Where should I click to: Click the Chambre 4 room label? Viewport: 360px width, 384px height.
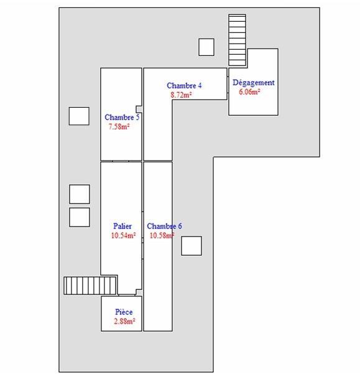[184, 85]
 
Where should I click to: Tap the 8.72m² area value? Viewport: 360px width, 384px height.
[181, 95]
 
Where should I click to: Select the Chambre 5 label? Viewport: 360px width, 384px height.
[122, 117]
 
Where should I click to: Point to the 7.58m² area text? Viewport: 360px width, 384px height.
[119, 126]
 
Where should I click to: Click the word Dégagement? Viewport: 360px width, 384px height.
[254, 83]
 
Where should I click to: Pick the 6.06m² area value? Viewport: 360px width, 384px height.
[249, 92]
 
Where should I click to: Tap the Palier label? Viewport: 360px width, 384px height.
[122, 226]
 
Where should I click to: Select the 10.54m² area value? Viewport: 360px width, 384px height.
[123, 235]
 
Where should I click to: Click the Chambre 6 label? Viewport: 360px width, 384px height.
[164, 226]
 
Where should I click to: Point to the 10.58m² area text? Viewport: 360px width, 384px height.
[162, 235]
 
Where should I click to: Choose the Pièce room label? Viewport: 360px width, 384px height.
[124, 312]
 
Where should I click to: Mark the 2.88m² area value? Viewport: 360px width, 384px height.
[124, 321]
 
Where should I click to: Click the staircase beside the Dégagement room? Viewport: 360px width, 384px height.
[237, 40]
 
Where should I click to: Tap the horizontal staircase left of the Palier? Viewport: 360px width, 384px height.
[90, 286]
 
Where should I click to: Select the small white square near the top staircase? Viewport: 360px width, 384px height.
[206, 47]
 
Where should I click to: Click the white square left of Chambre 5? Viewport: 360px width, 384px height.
[79, 116]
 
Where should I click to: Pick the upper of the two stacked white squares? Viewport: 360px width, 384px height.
[80, 194]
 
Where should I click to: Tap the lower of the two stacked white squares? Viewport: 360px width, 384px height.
[80, 217]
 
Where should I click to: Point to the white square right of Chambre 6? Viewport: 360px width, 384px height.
[192, 246]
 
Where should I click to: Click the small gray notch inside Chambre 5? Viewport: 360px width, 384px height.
[139, 109]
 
